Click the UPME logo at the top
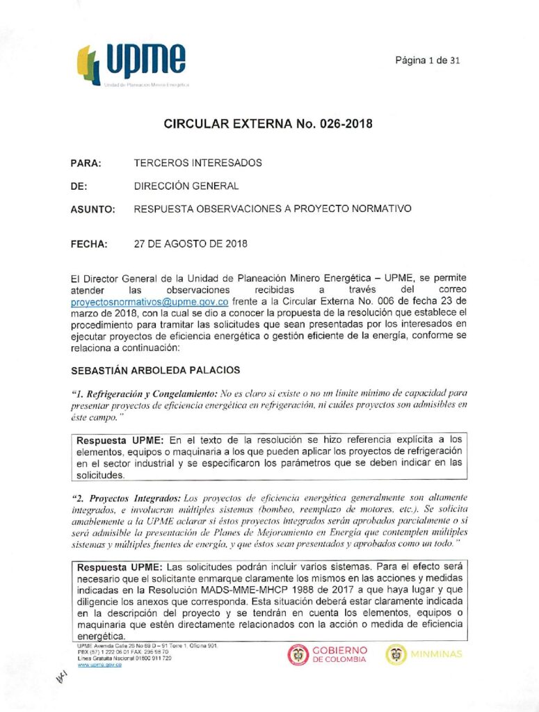[x=132, y=65]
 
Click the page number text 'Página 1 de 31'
[x=428, y=60]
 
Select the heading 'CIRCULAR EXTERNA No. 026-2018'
[x=268, y=124]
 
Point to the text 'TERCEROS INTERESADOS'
[x=198, y=163]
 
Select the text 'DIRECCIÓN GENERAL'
[x=186, y=186]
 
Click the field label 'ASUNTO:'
[x=92, y=209]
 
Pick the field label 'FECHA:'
[x=89, y=245]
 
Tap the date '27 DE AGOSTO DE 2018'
[x=190, y=245]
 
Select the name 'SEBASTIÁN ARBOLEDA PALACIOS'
[x=154, y=371]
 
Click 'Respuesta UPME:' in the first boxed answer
[x=120, y=440]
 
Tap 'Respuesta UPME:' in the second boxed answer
[x=120, y=567]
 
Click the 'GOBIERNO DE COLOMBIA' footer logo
[x=327, y=654]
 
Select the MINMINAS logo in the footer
[x=424, y=654]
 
